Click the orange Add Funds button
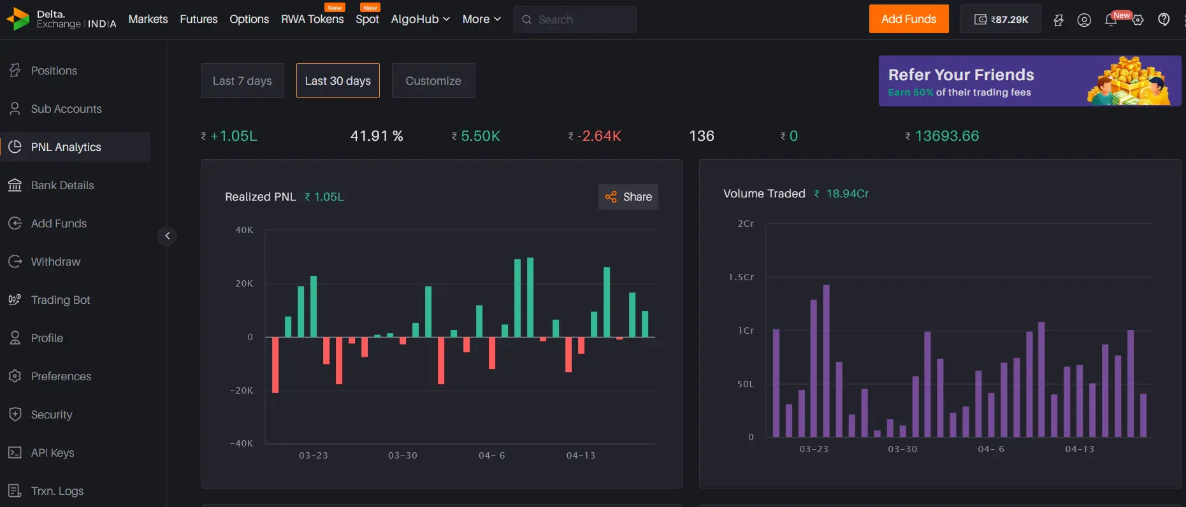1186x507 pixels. [908, 19]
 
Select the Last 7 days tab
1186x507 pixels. [242, 81]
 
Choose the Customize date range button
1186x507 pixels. [433, 81]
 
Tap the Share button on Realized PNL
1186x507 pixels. [628, 197]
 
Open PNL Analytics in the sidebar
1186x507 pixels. [66, 147]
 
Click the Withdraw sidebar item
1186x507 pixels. [55, 262]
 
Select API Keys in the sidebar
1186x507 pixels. [52, 453]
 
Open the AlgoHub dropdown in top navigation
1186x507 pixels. [420, 19]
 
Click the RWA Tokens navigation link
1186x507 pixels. [312, 19]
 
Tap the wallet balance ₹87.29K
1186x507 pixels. [1001, 19]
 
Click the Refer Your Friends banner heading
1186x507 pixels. [961, 75]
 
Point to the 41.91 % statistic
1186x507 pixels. [377, 136]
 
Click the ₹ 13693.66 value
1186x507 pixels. [946, 136]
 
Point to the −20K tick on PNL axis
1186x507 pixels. [242, 390]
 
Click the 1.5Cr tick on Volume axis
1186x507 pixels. [741, 277]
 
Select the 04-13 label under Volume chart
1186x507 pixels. [1080, 449]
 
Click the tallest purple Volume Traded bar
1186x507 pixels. [827, 360]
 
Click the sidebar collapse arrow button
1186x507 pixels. [167, 236]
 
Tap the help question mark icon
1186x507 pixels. [1164, 20]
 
